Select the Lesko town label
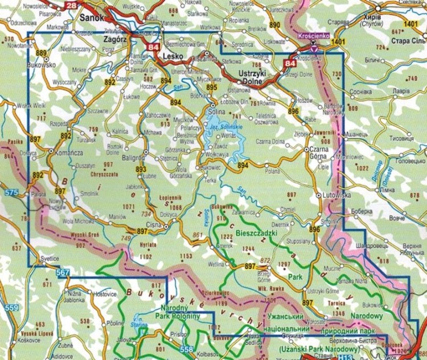pyautogui.click(x=173, y=58)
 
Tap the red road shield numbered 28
pyautogui.click(x=70, y=6)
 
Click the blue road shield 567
pyautogui.click(x=63, y=274)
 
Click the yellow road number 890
pyautogui.click(x=275, y=26)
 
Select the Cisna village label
pyautogui.click(x=154, y=226)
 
